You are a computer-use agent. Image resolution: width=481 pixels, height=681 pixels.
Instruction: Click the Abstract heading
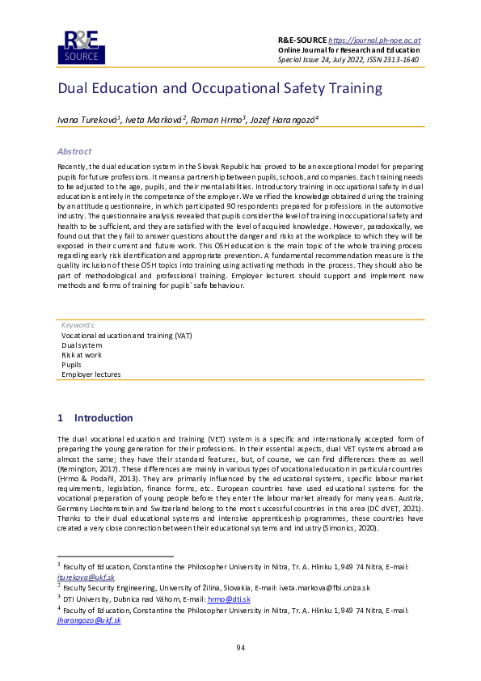pyautogui.click(x=74, y=151)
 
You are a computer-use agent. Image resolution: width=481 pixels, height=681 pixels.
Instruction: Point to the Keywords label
pyautogui.click(x=78, y=325)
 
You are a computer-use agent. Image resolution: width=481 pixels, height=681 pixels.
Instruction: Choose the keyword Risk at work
pyautogui.click(x=82, y=354)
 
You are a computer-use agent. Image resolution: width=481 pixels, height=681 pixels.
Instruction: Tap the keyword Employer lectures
pyautogui.click(x=91, y=374)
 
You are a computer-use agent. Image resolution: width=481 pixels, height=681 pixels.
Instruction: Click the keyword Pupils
pyautogui.click(x=72, y=365)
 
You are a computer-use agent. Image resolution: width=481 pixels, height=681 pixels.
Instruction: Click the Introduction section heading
pyautogui.click(x=103, y=418)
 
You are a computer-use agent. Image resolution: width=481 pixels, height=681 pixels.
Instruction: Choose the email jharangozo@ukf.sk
pyautogui.click(x=89, y=620)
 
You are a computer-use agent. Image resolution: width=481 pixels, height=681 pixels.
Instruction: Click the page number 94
pyautogui.click(x=240, y=648)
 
